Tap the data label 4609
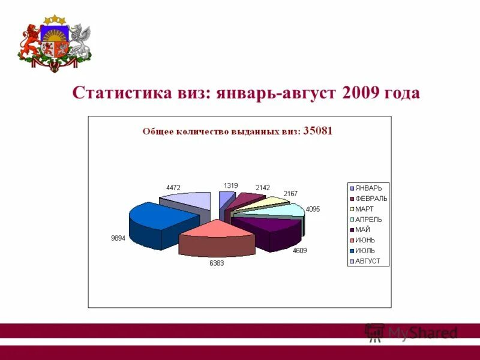(x=299, y=250)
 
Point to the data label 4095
(x=313, y=209)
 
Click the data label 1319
(x=231, y=185)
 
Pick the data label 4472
(x=173, y=188)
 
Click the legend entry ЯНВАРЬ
(x=368, y=188)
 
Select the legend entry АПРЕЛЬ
(x=368, y=219)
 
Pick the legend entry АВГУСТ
(x=367, y=261)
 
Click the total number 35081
(x=318, y=130)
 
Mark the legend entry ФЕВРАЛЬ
(x=371, y=199)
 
